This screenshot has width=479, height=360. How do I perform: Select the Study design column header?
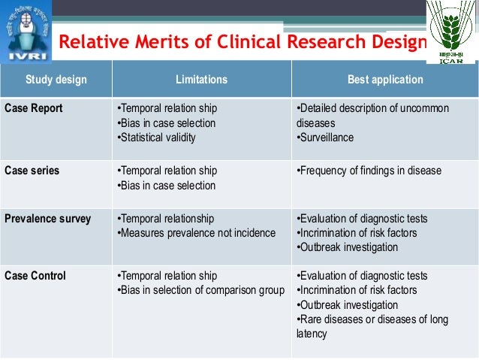click(56, 80)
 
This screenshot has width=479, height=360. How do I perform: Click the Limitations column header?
click(201, 80)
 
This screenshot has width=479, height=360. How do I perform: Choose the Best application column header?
click(385, 80)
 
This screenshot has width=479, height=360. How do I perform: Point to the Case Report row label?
click(34, 108)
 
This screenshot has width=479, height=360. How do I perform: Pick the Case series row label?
click(32, 171)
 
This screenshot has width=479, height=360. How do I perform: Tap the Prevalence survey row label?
click(48, 219)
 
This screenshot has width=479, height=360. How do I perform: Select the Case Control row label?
click(35, 276)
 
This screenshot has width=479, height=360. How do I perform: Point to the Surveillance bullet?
click(325, 138)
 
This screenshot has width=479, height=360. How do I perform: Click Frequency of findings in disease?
click(369, 171)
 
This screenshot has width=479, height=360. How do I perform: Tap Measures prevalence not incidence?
click(197, 233)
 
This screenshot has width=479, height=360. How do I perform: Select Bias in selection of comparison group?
click(201, 290)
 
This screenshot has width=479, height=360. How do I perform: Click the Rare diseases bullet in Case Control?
click(372, 319)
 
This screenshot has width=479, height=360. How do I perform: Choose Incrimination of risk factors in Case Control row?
click(357, 290)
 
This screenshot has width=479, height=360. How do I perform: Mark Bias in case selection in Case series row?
click(167, 186)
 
